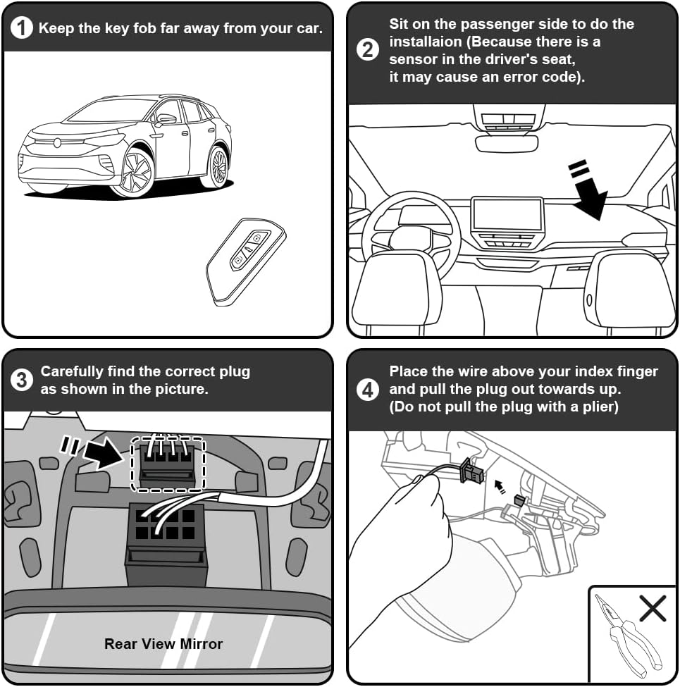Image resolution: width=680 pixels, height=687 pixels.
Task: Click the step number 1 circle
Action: click(x=21, y=28)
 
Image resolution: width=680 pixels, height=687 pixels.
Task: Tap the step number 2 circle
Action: click(x=368, y=49)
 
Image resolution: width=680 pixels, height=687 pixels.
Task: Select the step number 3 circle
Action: click(x=21, y=380)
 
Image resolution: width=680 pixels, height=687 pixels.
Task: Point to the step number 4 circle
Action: click(x=368, y=390)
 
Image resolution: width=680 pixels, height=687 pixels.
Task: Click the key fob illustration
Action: click(x=245, y=261)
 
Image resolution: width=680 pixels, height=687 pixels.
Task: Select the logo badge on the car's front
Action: click(x=57, y=142)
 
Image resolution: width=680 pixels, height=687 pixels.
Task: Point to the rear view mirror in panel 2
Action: click(x=507, y=144)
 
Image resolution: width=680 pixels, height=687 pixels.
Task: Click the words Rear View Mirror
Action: click(x=163, y=643)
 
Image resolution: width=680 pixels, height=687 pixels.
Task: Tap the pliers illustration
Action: click(x=629, y=636)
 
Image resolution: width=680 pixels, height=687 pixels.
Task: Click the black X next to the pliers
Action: click(x=653, y=608)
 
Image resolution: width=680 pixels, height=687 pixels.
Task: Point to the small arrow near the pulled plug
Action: click(x=500, y=487)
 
